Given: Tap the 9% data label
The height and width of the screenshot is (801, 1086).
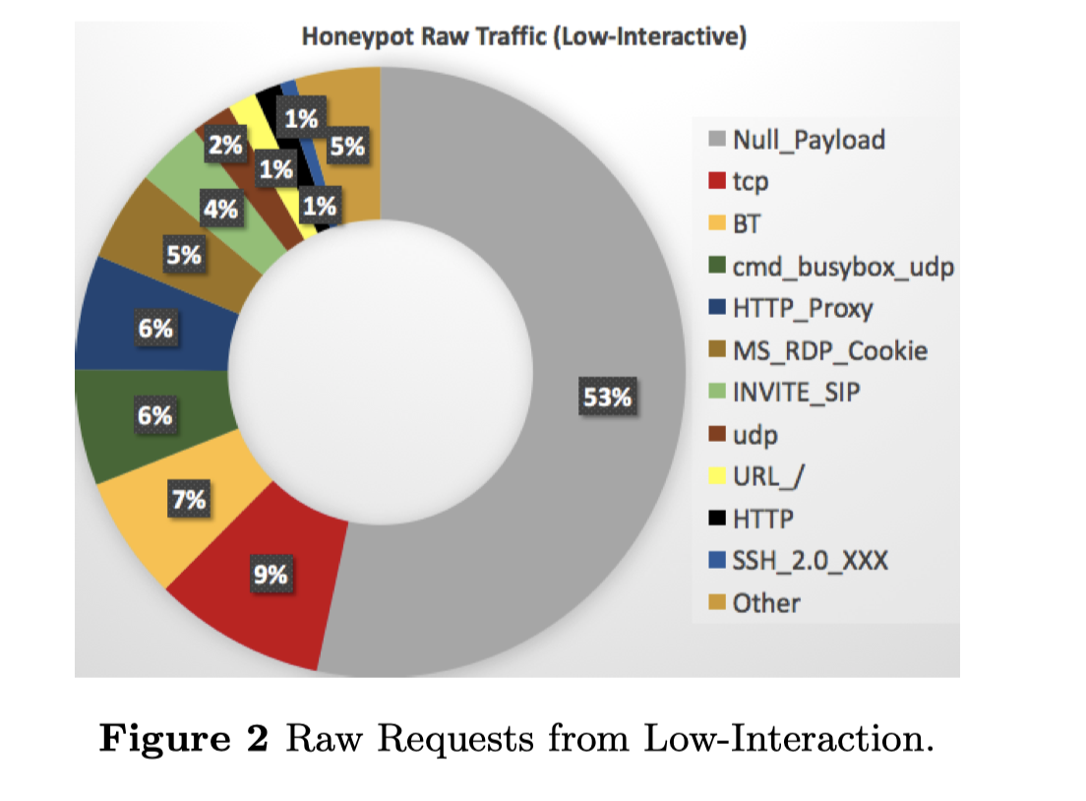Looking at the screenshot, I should (x=270, y=574).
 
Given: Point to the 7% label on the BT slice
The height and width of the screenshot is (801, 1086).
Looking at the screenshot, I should (x=189, y=500).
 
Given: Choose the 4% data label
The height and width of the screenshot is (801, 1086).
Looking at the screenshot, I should (x=220, y=209).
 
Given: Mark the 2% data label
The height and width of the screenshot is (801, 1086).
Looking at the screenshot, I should (x=225, y=147).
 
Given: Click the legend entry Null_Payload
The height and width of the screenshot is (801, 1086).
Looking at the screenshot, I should (x=809, y=140).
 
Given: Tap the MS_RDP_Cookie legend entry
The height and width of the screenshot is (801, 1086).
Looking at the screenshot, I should (x=829, y=350).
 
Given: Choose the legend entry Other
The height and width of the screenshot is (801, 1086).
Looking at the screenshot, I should (x=766, y=602).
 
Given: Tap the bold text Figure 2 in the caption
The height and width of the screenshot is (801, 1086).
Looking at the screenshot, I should (x=184, y=738).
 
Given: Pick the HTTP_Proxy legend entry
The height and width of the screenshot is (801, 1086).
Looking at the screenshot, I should (x=802, y=308).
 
